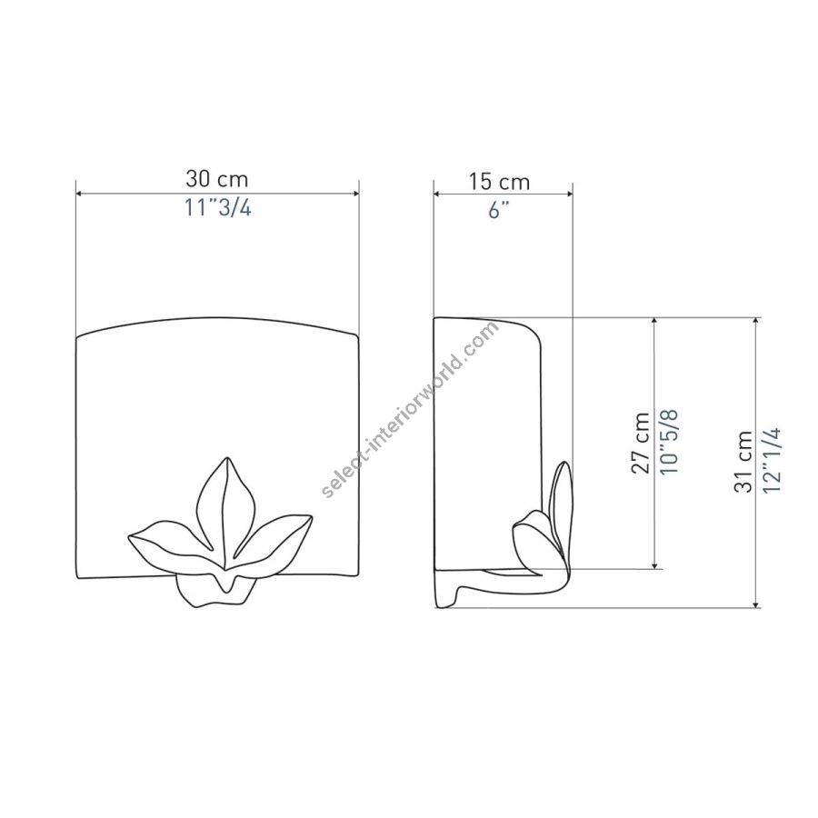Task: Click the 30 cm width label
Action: click(217, 179)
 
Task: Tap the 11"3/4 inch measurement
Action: click(218, 208)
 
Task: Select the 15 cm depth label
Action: click(499, 182)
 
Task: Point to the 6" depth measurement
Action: click(498, 210)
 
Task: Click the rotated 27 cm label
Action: click(641, 443)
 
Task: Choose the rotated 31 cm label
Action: click(743, 462)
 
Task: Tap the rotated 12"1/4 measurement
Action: click(772, 460)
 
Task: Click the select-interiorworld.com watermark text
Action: click(411, 410)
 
